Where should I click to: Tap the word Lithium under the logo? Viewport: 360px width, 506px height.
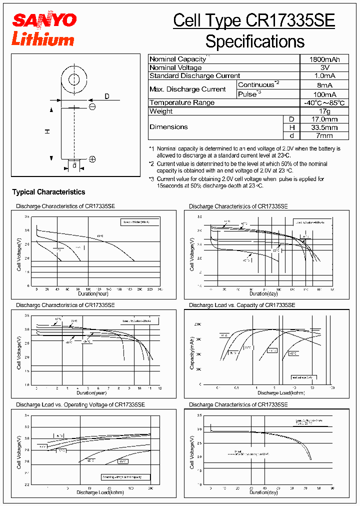coord(42,39)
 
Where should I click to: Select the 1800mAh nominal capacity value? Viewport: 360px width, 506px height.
coord(324,59)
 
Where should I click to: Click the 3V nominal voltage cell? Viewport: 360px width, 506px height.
coord(324,67)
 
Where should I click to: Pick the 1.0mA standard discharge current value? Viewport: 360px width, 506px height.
coord(324,76)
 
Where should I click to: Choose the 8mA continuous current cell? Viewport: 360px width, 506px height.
coord(324,85)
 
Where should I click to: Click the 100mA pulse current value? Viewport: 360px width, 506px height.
coord(324,94)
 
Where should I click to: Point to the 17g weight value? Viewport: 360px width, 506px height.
coord(324,111)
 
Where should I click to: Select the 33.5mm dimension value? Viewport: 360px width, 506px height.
coord(324,127)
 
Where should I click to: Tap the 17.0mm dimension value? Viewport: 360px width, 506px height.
coord(324,119)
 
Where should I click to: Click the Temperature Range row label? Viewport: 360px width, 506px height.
coord(182,102)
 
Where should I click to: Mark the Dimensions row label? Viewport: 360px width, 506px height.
coord(169,127)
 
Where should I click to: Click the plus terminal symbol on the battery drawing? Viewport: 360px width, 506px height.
coord(92,159)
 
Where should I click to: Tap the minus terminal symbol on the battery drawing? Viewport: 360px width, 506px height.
coord(92,106)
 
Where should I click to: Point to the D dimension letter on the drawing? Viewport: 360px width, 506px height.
coord(107,96)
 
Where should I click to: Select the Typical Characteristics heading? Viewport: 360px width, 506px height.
coord(48,192)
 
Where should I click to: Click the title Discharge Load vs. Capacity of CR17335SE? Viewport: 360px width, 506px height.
coord(242,305)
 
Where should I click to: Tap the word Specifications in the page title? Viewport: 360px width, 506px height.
coord(255,41)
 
